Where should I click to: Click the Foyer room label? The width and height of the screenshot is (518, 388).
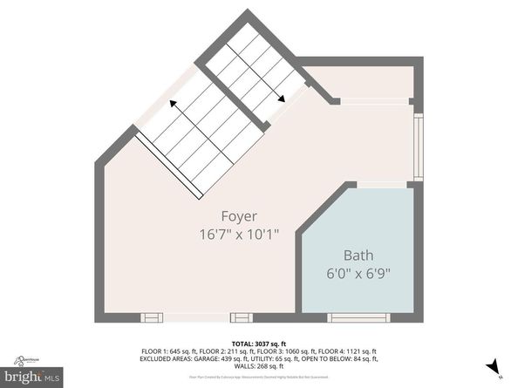237,215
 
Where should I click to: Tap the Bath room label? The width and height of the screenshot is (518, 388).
358,255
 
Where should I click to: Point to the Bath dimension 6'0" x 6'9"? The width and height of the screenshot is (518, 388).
358,273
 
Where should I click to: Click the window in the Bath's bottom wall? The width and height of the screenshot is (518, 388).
358,317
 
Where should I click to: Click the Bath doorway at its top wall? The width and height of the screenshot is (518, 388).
382,184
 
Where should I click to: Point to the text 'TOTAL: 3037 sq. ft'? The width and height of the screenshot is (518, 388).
258,344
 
